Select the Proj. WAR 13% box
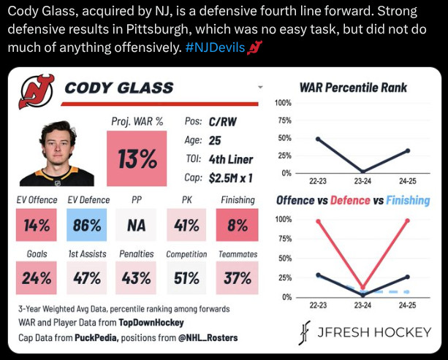click(137, 158)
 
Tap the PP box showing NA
click(137, 225)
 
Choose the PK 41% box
click(186, 225)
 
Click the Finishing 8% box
click(237, 225)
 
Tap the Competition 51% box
click(186, 277)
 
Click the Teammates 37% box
click(237, 277)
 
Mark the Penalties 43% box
click(137, 277)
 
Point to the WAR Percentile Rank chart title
click(353, 89)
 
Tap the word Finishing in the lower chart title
click(409, 200)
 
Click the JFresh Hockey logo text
click(373, 333)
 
